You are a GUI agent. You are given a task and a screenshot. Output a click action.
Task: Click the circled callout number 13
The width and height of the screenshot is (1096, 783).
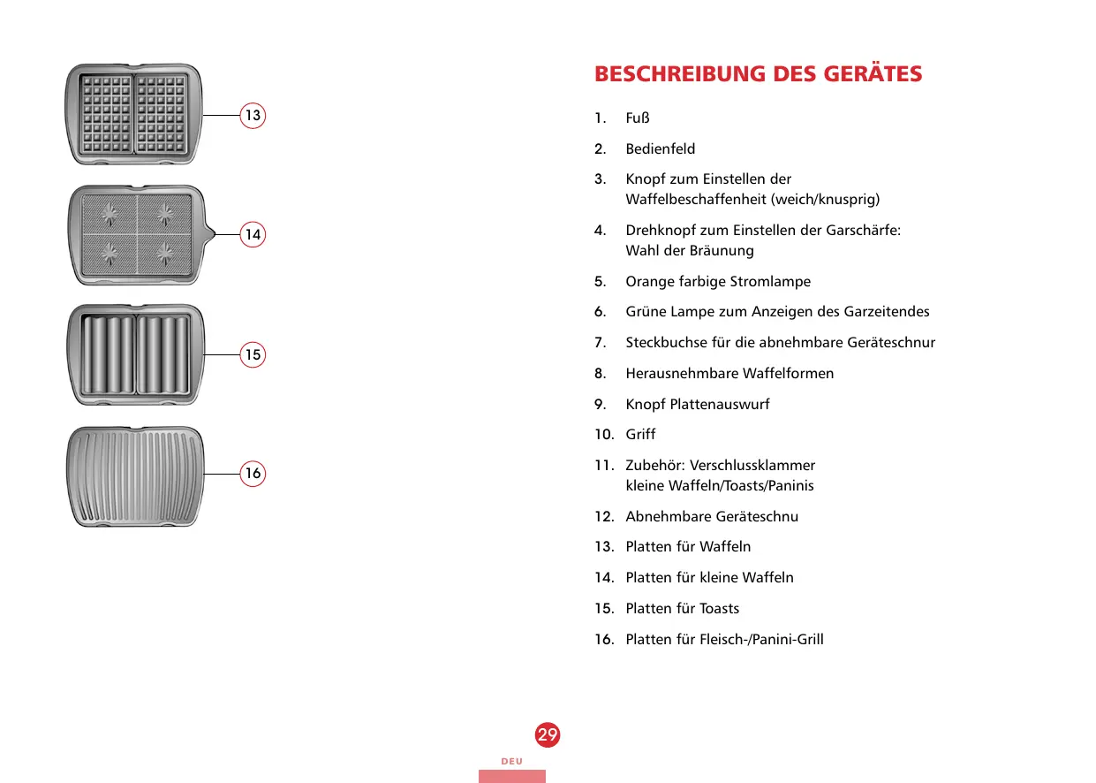(253, 115)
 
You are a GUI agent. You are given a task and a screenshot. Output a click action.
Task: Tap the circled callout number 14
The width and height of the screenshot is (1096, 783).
(253, 234)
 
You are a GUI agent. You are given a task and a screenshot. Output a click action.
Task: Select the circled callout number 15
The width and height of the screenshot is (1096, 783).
(253, 354)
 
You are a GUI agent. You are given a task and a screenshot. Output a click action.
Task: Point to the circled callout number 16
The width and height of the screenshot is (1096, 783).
(253, 473)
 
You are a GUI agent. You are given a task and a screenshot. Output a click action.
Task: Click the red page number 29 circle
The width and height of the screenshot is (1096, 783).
(547, 734)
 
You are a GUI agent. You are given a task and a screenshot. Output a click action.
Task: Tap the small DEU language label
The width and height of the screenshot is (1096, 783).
(512, 761)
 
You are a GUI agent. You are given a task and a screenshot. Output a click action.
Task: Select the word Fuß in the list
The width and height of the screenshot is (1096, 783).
(638, 118)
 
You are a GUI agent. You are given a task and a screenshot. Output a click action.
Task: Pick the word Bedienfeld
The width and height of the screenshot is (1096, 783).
(661, 148)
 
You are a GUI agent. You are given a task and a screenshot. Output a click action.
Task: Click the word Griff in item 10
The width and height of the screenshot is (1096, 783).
(640, 434)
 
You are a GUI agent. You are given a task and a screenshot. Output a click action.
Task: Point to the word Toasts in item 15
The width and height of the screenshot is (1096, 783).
(719, 608)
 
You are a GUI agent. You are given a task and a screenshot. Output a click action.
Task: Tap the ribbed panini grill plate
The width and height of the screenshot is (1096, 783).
(135, 476)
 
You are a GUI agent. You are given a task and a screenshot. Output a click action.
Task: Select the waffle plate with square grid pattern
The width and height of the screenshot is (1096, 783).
(133, 114)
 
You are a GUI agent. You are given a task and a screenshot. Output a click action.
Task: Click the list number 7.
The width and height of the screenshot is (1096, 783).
(600, 342)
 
